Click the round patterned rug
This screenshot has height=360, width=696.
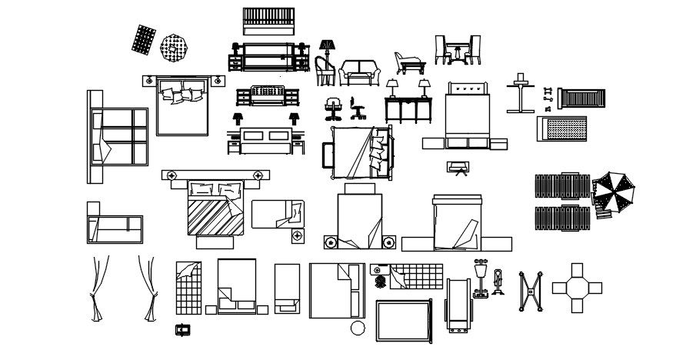click(174, 48)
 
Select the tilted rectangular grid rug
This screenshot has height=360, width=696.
click(143, 39)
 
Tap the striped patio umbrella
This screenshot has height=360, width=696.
click(616, 192)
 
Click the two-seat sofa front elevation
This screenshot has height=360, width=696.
click(360, 72)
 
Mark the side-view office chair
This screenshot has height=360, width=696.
click(356, 108)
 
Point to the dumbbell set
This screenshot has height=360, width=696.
click(548, 95)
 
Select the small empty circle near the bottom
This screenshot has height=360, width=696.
click(358, 328)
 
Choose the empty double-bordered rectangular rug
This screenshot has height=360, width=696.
click(403, 321)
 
